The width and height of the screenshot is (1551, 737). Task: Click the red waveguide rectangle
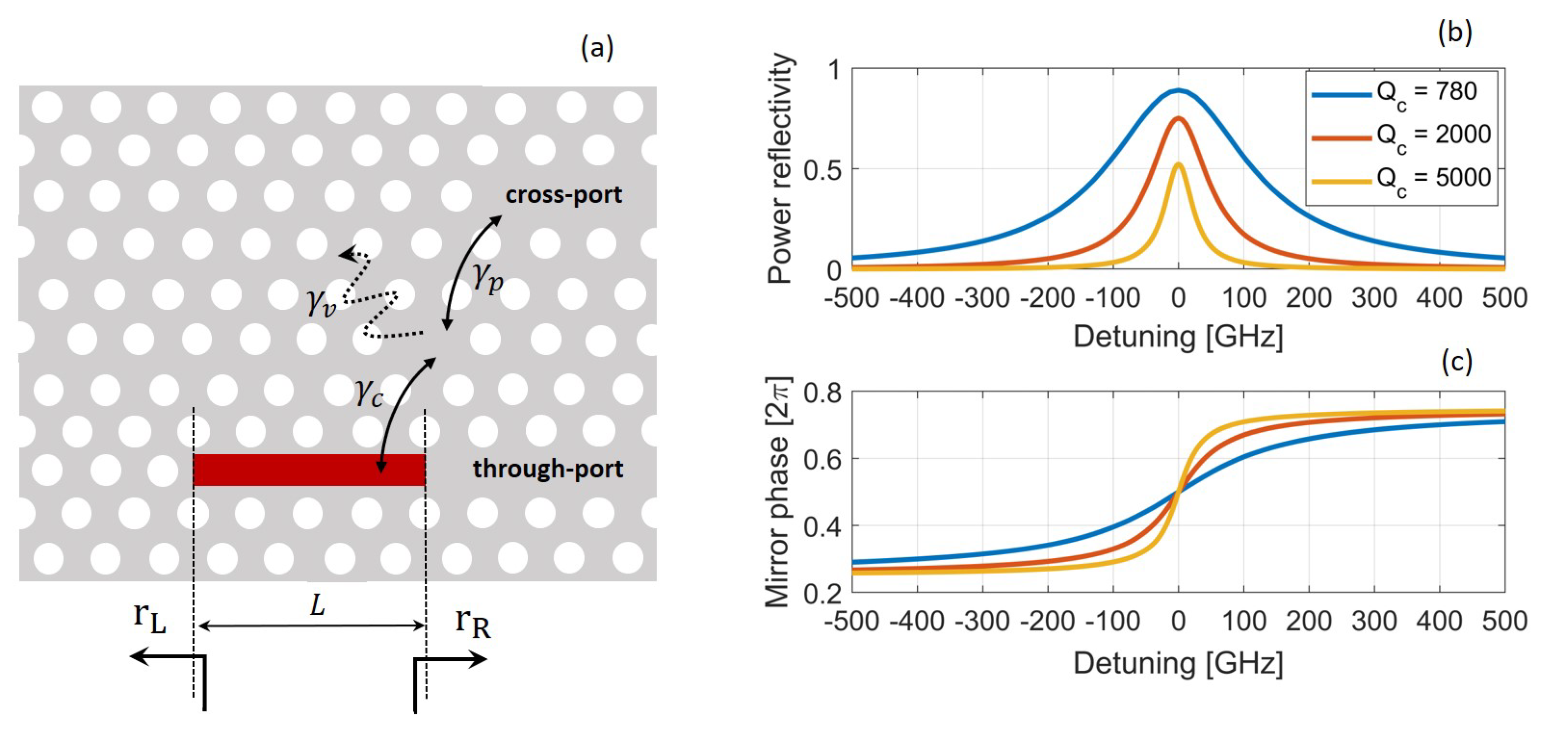click(309, 470)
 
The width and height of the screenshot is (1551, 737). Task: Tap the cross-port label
click(564, 195)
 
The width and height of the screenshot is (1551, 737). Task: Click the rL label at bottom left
click(149, 618)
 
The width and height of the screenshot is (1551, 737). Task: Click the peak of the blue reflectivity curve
click(1178, 91)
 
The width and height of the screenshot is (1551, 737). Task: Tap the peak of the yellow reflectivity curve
click(1178, 164)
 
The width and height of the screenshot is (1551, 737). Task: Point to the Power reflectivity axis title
click(781, 169)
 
